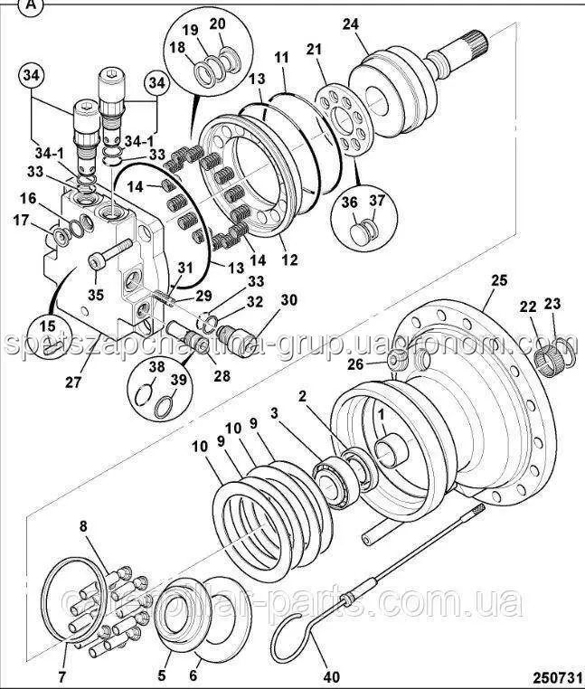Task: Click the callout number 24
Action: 350,24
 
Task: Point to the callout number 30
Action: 288,300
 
